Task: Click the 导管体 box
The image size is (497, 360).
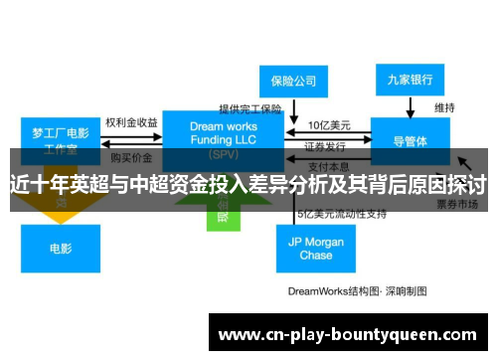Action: (x=410, y=141)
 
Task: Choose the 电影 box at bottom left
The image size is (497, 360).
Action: (x=60, y=249)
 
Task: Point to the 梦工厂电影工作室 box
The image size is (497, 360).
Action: (x=60, y=139)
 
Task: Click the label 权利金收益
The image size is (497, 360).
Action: (x=131, y=123)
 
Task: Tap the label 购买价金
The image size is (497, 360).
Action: (x=131, y=157)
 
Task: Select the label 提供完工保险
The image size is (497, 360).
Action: (x=250, y=109)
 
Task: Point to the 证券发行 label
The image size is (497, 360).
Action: (x=324, y=144)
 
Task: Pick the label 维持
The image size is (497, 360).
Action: (x=444, y=107)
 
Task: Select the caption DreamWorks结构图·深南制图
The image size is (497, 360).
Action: (x=357, y=291)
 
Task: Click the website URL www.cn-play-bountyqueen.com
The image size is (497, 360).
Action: (x=347, y=334)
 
